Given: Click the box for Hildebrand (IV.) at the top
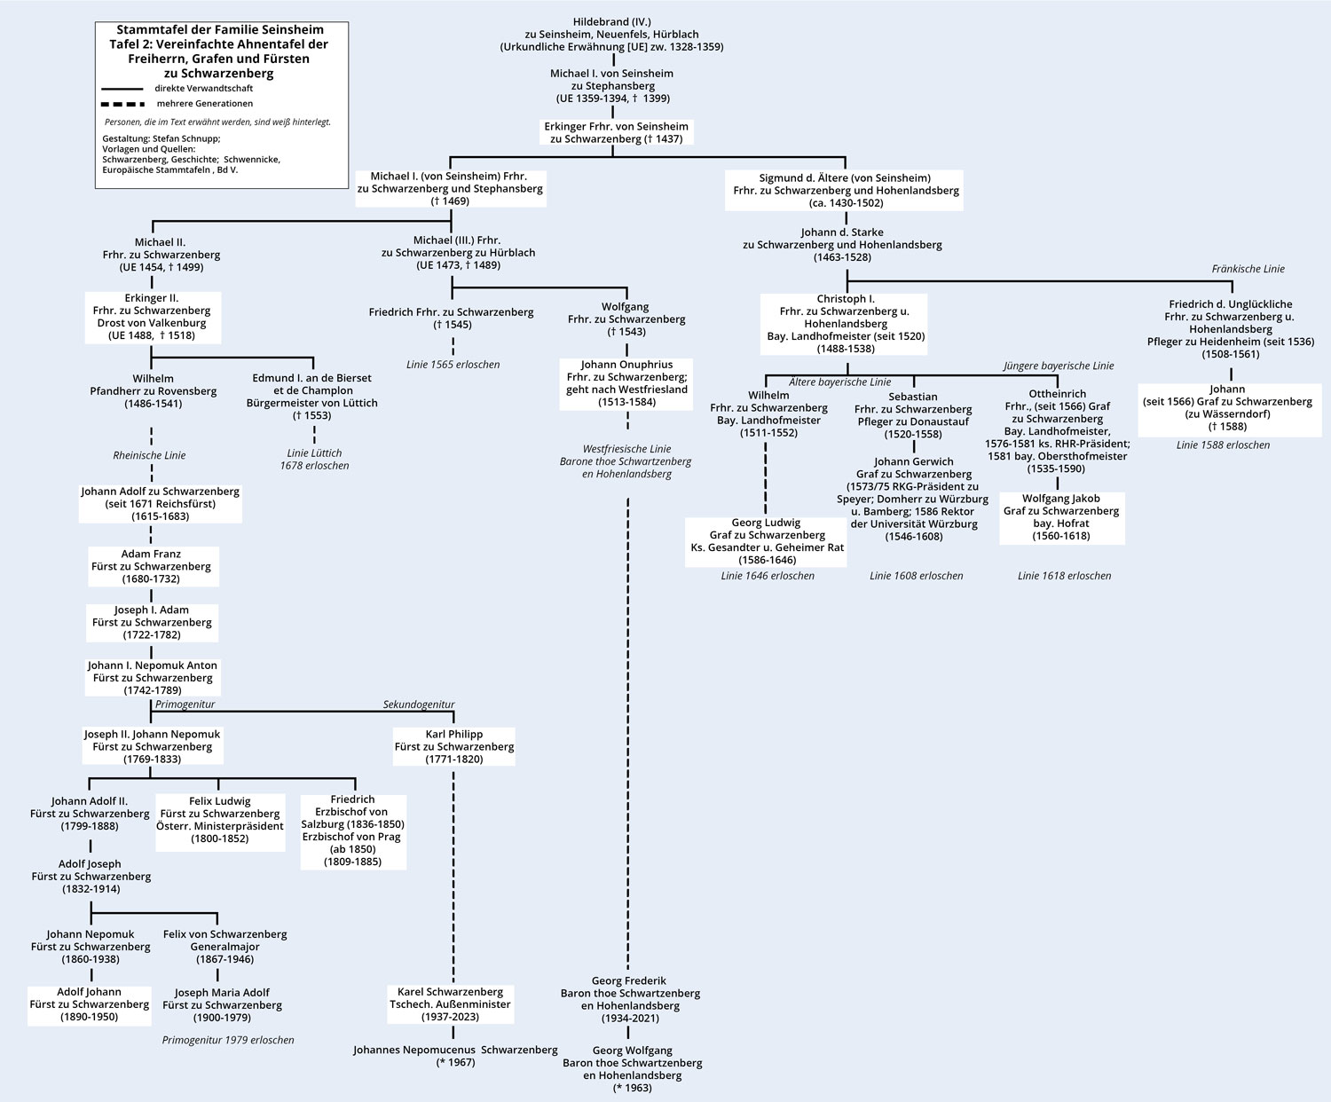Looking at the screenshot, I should coord(611,34).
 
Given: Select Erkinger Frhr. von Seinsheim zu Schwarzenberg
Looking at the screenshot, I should coord(616,132).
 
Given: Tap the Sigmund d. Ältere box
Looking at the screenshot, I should coord(845,190).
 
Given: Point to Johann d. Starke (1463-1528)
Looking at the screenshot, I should coord(842,244).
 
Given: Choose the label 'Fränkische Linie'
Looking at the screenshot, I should coord(1248,269).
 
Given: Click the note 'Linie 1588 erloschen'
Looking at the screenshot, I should coord(1223,445).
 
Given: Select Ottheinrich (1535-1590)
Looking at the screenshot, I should coord(1057,431).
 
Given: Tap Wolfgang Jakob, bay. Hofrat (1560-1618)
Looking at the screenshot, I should coord(1061,517).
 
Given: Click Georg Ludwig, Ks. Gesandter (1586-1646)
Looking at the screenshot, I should coord(767,541).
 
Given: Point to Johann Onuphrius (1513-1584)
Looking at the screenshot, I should coord(626,383).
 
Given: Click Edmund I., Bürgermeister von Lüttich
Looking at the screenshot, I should coord(311,397).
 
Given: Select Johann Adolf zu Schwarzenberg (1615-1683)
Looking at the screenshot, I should coord(161,503).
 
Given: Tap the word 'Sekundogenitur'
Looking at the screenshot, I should coord(419,704).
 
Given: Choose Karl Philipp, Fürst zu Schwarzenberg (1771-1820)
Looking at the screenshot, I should coord(453,746).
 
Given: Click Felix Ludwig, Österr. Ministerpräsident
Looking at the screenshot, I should coord(220,820).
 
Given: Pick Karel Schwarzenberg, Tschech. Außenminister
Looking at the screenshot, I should coord(450,1004).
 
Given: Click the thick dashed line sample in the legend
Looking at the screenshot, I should coord(122,104).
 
